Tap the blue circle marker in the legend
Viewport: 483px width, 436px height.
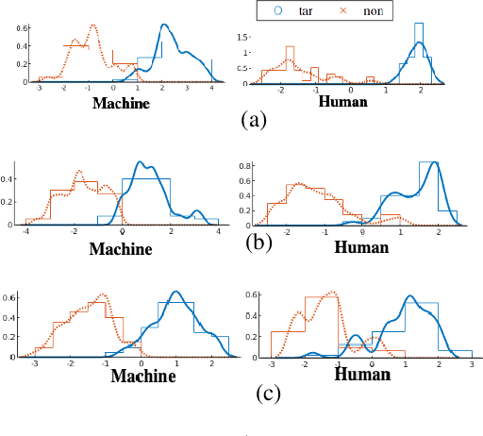275,11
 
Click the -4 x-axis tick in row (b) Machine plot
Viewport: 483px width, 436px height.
27,231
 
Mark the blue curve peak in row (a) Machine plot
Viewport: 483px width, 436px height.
165,25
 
